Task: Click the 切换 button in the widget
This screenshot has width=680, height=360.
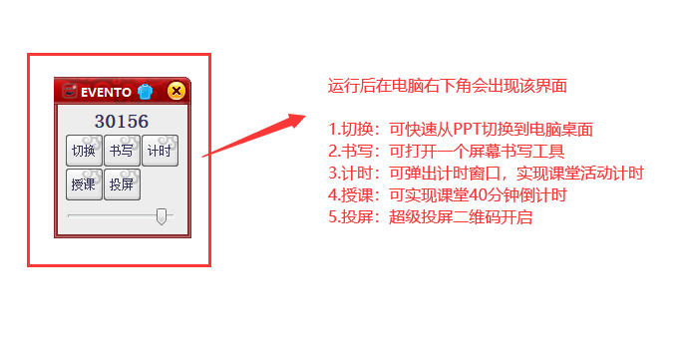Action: tap(84, 152)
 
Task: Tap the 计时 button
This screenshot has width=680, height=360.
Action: tap(160, 152)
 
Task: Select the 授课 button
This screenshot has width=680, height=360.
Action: tap(84, 184)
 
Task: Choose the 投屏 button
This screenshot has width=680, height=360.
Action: tap(122, 184)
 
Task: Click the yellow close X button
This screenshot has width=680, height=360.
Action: tap(176, 92)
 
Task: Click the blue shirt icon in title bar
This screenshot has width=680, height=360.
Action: tap(146, 92)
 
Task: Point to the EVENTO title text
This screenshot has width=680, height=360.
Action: tap(107, 92)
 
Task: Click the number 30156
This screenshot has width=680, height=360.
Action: tap(122, 122)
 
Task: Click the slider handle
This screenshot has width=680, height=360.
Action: tap(162, 216)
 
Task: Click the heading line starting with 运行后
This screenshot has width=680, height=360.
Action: tap(448, 86)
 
